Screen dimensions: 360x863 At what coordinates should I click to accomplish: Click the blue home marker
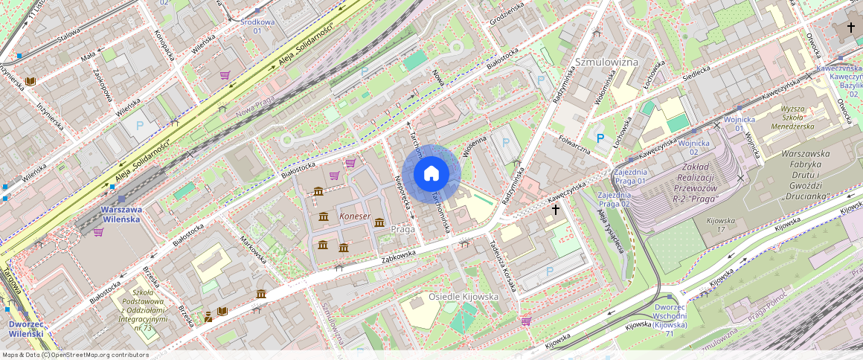(x=431, y=174)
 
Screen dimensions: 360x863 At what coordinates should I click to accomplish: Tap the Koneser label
(x=355, y=216)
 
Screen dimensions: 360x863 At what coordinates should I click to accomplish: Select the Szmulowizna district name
(x=607, y=62)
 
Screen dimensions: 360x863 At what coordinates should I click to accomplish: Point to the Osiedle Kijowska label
(x=463, y=297)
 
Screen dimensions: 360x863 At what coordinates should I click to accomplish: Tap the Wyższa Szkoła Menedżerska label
(x=798, y=117)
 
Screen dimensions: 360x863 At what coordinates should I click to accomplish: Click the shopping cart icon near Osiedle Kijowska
(x=526, y=321)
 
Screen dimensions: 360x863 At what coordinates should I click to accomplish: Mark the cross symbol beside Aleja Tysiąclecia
(x=555, y=210)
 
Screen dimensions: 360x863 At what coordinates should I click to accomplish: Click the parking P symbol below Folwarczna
(x=600, y=138)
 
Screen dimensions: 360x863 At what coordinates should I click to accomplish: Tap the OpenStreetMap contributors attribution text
(x=75, y=355)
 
